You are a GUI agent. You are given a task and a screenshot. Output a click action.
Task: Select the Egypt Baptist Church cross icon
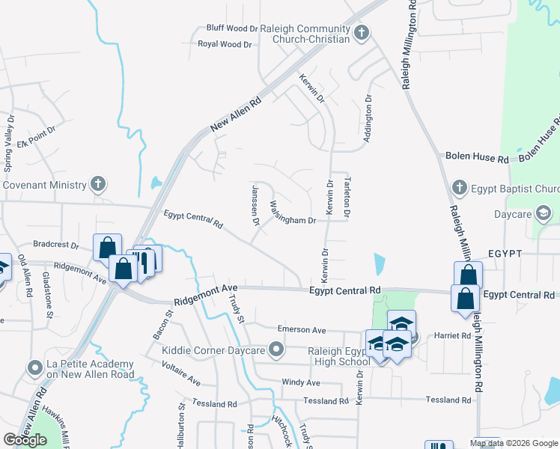coord(460,186)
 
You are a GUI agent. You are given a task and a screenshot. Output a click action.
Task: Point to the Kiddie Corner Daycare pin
coord(277,349)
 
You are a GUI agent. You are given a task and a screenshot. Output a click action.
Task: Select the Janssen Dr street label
coord(255,204)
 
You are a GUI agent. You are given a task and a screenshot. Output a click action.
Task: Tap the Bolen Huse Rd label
coord(476,159)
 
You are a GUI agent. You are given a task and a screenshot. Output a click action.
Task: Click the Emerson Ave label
coord(302,329)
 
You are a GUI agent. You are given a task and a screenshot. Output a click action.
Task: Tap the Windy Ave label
coord(301,382)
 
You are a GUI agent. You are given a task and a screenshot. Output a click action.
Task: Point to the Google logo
coord(25,439)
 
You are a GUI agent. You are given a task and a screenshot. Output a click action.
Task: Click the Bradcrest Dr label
coord(56,245)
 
